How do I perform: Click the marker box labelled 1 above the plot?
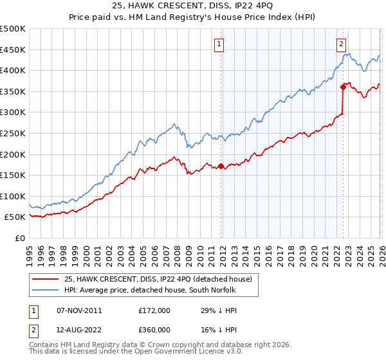[219, 44]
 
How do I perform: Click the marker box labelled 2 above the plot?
[341, 44]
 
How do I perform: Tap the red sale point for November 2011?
[221, 166]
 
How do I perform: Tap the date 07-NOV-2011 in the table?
[79, 310]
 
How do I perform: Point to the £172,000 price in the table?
[154, 310]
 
